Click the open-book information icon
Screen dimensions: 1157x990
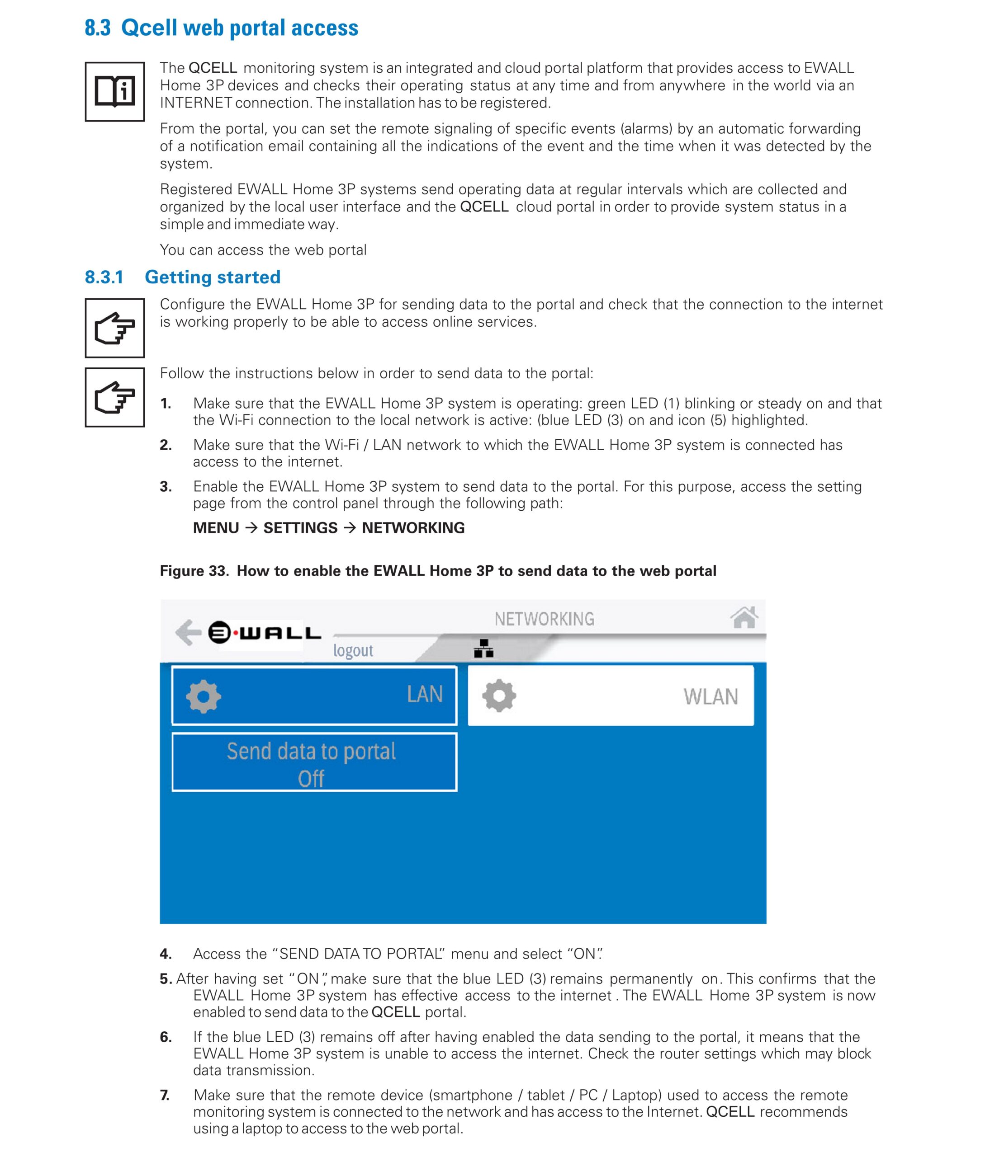click(114, 92)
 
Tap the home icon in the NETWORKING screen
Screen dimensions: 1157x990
click(744, 617)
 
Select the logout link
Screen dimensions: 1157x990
click(352, 650)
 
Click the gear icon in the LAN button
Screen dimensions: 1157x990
click(204, 696)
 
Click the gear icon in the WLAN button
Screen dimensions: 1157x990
click(499, 696)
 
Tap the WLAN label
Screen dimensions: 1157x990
click(711, 697)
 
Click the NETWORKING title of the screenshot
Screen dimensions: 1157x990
click(544, 619)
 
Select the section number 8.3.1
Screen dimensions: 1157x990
click(104, 277)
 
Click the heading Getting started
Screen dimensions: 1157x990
click(212, 277)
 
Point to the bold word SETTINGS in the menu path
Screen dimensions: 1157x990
click(300, 528)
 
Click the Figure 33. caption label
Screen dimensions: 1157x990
click(194, 571)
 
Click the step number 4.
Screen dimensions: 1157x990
click(166, 954)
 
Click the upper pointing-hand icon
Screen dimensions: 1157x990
click(114, 328)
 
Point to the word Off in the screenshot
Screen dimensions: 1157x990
click(311, 778)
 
